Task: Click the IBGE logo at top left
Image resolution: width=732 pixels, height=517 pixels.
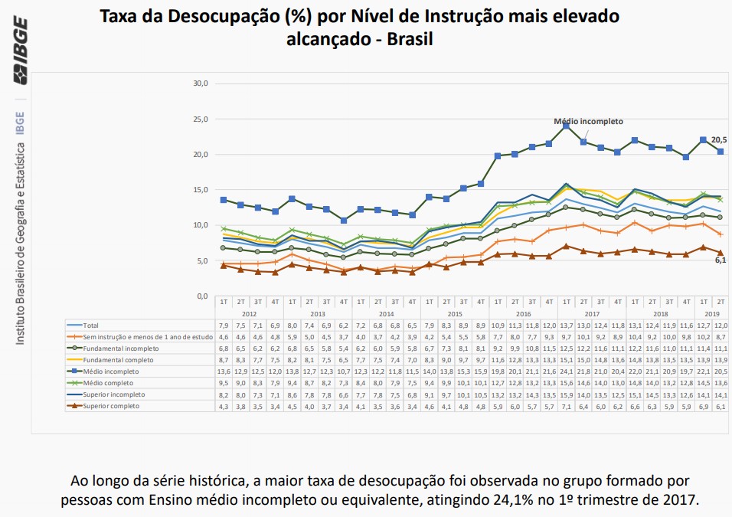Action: (x=20, y=51)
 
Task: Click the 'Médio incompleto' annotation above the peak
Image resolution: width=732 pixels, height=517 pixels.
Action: (x=588, y=121)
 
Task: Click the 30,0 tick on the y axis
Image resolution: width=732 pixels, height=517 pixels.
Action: (x=200, y=83)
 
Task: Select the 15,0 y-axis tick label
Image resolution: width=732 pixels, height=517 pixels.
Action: (x=200, y=190)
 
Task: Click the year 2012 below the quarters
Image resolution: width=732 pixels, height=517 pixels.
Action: (x=249, y=314)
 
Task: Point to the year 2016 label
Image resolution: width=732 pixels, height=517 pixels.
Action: (x=523, y=314)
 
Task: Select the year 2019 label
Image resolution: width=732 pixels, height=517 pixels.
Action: (x=712, y=314)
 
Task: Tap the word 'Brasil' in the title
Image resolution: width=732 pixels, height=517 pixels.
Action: (x=408, y=39)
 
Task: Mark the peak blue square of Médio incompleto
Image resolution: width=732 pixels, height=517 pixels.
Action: (x=566, y=126)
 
